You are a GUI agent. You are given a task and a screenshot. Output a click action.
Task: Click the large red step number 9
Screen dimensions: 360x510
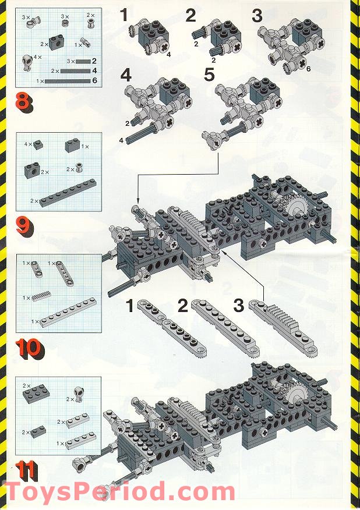[25, 227]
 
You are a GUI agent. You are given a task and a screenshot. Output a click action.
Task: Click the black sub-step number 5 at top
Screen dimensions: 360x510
[209, 75]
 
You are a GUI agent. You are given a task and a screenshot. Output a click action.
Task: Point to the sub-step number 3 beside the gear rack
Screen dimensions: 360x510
[239, 306]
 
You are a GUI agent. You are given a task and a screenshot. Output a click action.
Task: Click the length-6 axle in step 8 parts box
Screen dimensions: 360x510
[68, 80]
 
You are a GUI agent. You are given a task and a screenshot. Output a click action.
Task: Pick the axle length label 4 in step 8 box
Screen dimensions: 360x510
[94, 70]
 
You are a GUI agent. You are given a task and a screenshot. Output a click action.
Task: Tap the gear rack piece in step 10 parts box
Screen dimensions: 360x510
[41, 296]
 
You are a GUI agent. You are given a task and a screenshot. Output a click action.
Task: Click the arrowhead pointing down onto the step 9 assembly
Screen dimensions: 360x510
[137, 201]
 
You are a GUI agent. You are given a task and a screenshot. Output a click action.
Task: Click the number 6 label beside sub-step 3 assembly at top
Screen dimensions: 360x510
[308, 69]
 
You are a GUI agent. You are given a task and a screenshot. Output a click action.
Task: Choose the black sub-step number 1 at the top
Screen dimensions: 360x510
[123, 15]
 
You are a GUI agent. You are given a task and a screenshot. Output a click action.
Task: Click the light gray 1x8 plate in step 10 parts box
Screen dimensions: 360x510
[68, 311]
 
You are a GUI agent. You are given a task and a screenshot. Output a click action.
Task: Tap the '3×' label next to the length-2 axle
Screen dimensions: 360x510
[71, 61]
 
